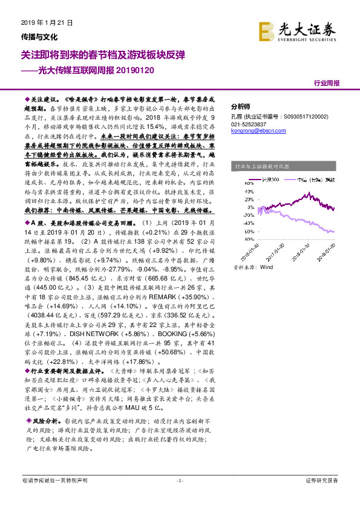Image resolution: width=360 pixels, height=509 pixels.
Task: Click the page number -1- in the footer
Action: [x=179, y=481]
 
